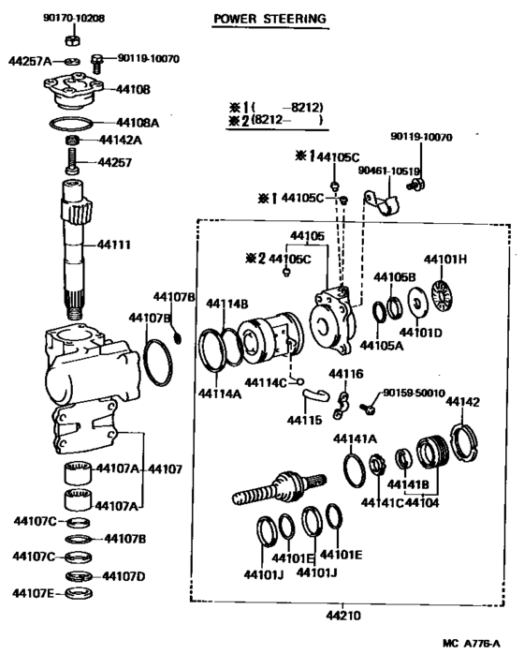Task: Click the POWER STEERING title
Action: pyautogui.click(x=269, y=18)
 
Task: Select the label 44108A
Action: pyautogui.click(x=137, y=123)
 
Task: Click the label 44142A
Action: pyautogui.click(x=120, y=141)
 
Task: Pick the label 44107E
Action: pyautogui.click(x=34, y=592)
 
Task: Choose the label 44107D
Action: pyautogui.click(x=123, y=575)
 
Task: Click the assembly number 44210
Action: pyautogui.click(x=343, y=616)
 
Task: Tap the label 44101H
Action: pyautogui.click(x=445, y=259)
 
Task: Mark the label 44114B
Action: pyautogui.click(x=227, y=304)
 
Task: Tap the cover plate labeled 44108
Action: pyautogui.click(x=74, y=92)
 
